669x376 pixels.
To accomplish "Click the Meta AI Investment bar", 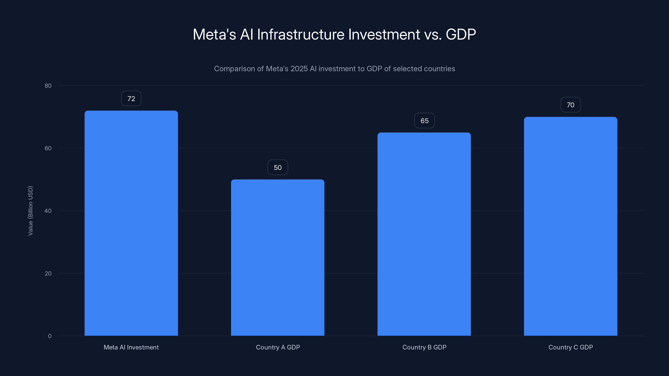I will (131, 223).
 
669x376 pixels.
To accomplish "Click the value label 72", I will (131, 99).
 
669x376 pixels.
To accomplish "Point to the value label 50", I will (278, 168).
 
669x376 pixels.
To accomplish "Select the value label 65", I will (424, 121).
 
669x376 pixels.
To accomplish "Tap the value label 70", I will (571, 105).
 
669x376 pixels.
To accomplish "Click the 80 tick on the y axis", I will (48, 86).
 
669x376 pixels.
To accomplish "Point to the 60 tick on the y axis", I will (48, 149).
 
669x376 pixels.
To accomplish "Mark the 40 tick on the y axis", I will (48, 211).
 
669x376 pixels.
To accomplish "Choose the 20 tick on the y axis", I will (48, 273).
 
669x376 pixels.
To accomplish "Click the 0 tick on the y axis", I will (50, 336).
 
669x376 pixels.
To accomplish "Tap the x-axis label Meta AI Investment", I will (131, 347).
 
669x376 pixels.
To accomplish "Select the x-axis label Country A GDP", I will (278, 347).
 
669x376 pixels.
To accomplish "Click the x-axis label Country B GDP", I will (424, 347).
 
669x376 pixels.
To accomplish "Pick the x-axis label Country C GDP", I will (571, 347).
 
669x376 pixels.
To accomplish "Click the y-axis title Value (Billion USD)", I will (30, 211).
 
